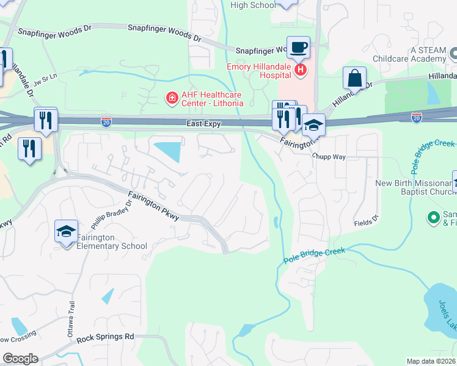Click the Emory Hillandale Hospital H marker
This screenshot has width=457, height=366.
pyautogui.click(x=301, y=71)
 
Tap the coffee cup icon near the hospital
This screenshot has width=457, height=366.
pyautogui.click(x=298, y=47)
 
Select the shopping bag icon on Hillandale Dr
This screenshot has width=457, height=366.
pyautogui.click(x=354, y=78)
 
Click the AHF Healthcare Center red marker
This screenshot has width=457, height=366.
pyautogui.click(x=172, y=98)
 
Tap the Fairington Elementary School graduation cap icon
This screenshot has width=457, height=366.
pyautogui.click(x=66, y=231)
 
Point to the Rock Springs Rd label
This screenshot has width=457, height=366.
pyautogui.click(x=105, y=337)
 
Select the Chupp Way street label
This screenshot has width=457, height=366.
pyautogui.click(x=329, y=157)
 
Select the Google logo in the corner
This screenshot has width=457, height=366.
pyautogui.click(x=20, y=359)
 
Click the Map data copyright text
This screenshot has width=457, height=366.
pyautogui.click(x=431, y=361)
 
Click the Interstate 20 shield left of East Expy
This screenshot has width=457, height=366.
pyautogui.click(x=106, y=122)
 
